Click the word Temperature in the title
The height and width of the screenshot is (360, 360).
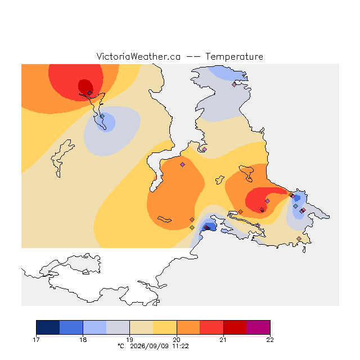tap(234, 56)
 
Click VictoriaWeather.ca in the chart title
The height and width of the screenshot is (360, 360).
tap(138, 56)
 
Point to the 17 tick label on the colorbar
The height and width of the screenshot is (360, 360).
tap(36, 340)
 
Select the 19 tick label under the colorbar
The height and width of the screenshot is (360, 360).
tap(130, 340)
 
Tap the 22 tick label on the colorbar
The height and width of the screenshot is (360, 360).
tap(270, 340)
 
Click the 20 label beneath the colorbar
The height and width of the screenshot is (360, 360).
tap(177, 340)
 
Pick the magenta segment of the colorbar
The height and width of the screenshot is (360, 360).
tap(258, 327)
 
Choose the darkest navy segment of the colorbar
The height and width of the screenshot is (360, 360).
tap(48, 327)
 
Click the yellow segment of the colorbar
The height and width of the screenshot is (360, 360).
tap(165, 327)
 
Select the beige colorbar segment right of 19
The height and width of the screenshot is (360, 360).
tap(141, 327)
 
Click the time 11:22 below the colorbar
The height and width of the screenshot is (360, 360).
tap(181, 346)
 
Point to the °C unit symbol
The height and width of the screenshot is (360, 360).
tap(121, 346)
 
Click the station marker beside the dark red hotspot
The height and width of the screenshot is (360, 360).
tap(90, 93)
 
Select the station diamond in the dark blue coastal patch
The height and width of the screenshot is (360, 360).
tap(206, 227)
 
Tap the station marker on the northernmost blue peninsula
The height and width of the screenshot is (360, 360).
tap(234, 85)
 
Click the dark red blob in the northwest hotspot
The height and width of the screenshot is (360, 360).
tap(85, 86)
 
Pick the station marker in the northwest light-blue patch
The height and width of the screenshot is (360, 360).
tap(102, 116)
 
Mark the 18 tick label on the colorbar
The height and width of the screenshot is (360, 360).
tap(83, 340)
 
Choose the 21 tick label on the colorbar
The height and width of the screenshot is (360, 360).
tap(223, 340)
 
